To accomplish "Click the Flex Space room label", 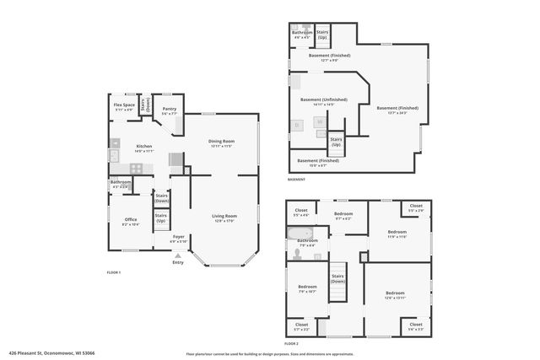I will [124, 106].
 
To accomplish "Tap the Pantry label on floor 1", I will [170, 109].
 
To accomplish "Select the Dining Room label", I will [222, 142].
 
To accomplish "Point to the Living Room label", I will [224, 218].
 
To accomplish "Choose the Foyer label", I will [179, 238].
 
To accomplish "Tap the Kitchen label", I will [144, 148].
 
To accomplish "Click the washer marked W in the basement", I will [320, 122].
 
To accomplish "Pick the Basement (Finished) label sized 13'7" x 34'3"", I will [397, 109].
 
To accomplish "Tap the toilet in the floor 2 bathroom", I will [295, 252].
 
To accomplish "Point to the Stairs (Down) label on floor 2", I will [337, 278].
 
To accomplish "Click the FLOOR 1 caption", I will [114, 272].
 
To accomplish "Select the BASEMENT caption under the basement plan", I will [296, 180].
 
